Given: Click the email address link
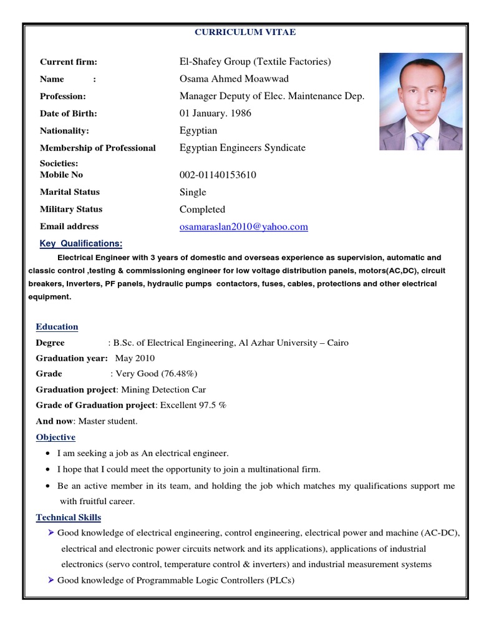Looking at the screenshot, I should click(243, 227).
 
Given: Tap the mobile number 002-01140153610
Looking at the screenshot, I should click(218, 175).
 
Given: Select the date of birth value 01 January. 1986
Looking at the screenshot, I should click(215, 114).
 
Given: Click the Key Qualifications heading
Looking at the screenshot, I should click(81, 243).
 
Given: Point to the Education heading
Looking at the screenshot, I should click(57, 327).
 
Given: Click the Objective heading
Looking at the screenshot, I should click(56, 437).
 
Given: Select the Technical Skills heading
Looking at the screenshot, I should click(68, 517).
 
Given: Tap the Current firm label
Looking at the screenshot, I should click(69, 62).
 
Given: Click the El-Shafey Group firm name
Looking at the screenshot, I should click(255, 61).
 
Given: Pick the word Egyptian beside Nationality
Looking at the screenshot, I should click(198, 131).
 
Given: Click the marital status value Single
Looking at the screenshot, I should click(193, 192).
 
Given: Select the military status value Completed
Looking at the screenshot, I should click(202, 210).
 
